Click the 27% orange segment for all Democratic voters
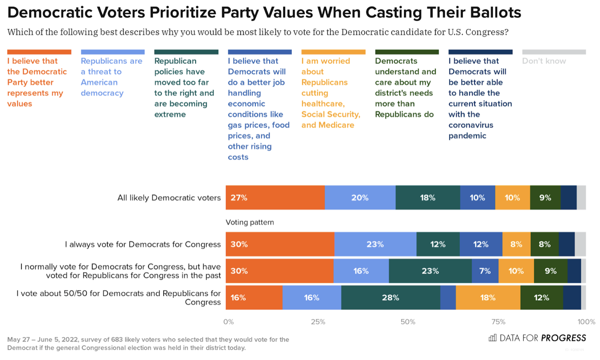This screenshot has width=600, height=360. click(275, 198)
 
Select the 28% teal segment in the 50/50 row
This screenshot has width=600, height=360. click(390, 298)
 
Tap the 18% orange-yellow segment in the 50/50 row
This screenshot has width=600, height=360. click(487, 298)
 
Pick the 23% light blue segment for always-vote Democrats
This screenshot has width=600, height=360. click(375, 244)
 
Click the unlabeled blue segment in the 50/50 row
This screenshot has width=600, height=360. click(448, 298)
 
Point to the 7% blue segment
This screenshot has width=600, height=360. click(485, 271)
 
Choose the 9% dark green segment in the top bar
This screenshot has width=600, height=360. click(545, 198)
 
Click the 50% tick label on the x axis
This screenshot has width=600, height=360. click(408, 322)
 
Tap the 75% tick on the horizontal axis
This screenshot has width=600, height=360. click(498, 322)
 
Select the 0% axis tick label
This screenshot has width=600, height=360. click(228, 322)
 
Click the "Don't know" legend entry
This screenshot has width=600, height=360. click(544, 61)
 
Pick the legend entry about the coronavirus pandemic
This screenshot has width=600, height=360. click(480, 98)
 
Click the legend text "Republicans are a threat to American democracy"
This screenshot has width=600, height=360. click(112, 77)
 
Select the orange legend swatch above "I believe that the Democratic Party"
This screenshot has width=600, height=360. click(39, 52)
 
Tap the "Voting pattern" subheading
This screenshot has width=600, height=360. click(250, 222)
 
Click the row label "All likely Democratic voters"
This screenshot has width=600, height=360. click(169, 198)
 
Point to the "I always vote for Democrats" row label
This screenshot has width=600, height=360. click(143, 244)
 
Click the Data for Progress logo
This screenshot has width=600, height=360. click(537, 338)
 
